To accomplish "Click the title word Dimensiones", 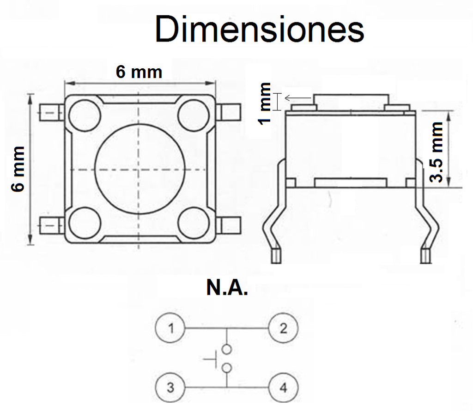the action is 260,30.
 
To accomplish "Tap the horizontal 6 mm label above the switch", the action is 139,72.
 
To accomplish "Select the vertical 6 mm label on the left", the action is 18,169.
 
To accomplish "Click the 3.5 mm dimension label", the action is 436,152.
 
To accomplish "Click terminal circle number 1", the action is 170,328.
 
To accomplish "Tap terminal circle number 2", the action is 283,328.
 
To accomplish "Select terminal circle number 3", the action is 170,387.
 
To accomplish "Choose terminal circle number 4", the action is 283,387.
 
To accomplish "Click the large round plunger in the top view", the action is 139,169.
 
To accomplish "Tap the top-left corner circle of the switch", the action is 85,115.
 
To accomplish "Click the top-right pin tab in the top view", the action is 229,112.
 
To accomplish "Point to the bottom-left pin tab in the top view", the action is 52,225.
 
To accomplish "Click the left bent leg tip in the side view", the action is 276,256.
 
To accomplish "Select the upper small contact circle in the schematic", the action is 226,350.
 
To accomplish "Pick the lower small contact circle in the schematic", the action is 226,368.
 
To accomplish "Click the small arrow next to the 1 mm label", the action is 297,98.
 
